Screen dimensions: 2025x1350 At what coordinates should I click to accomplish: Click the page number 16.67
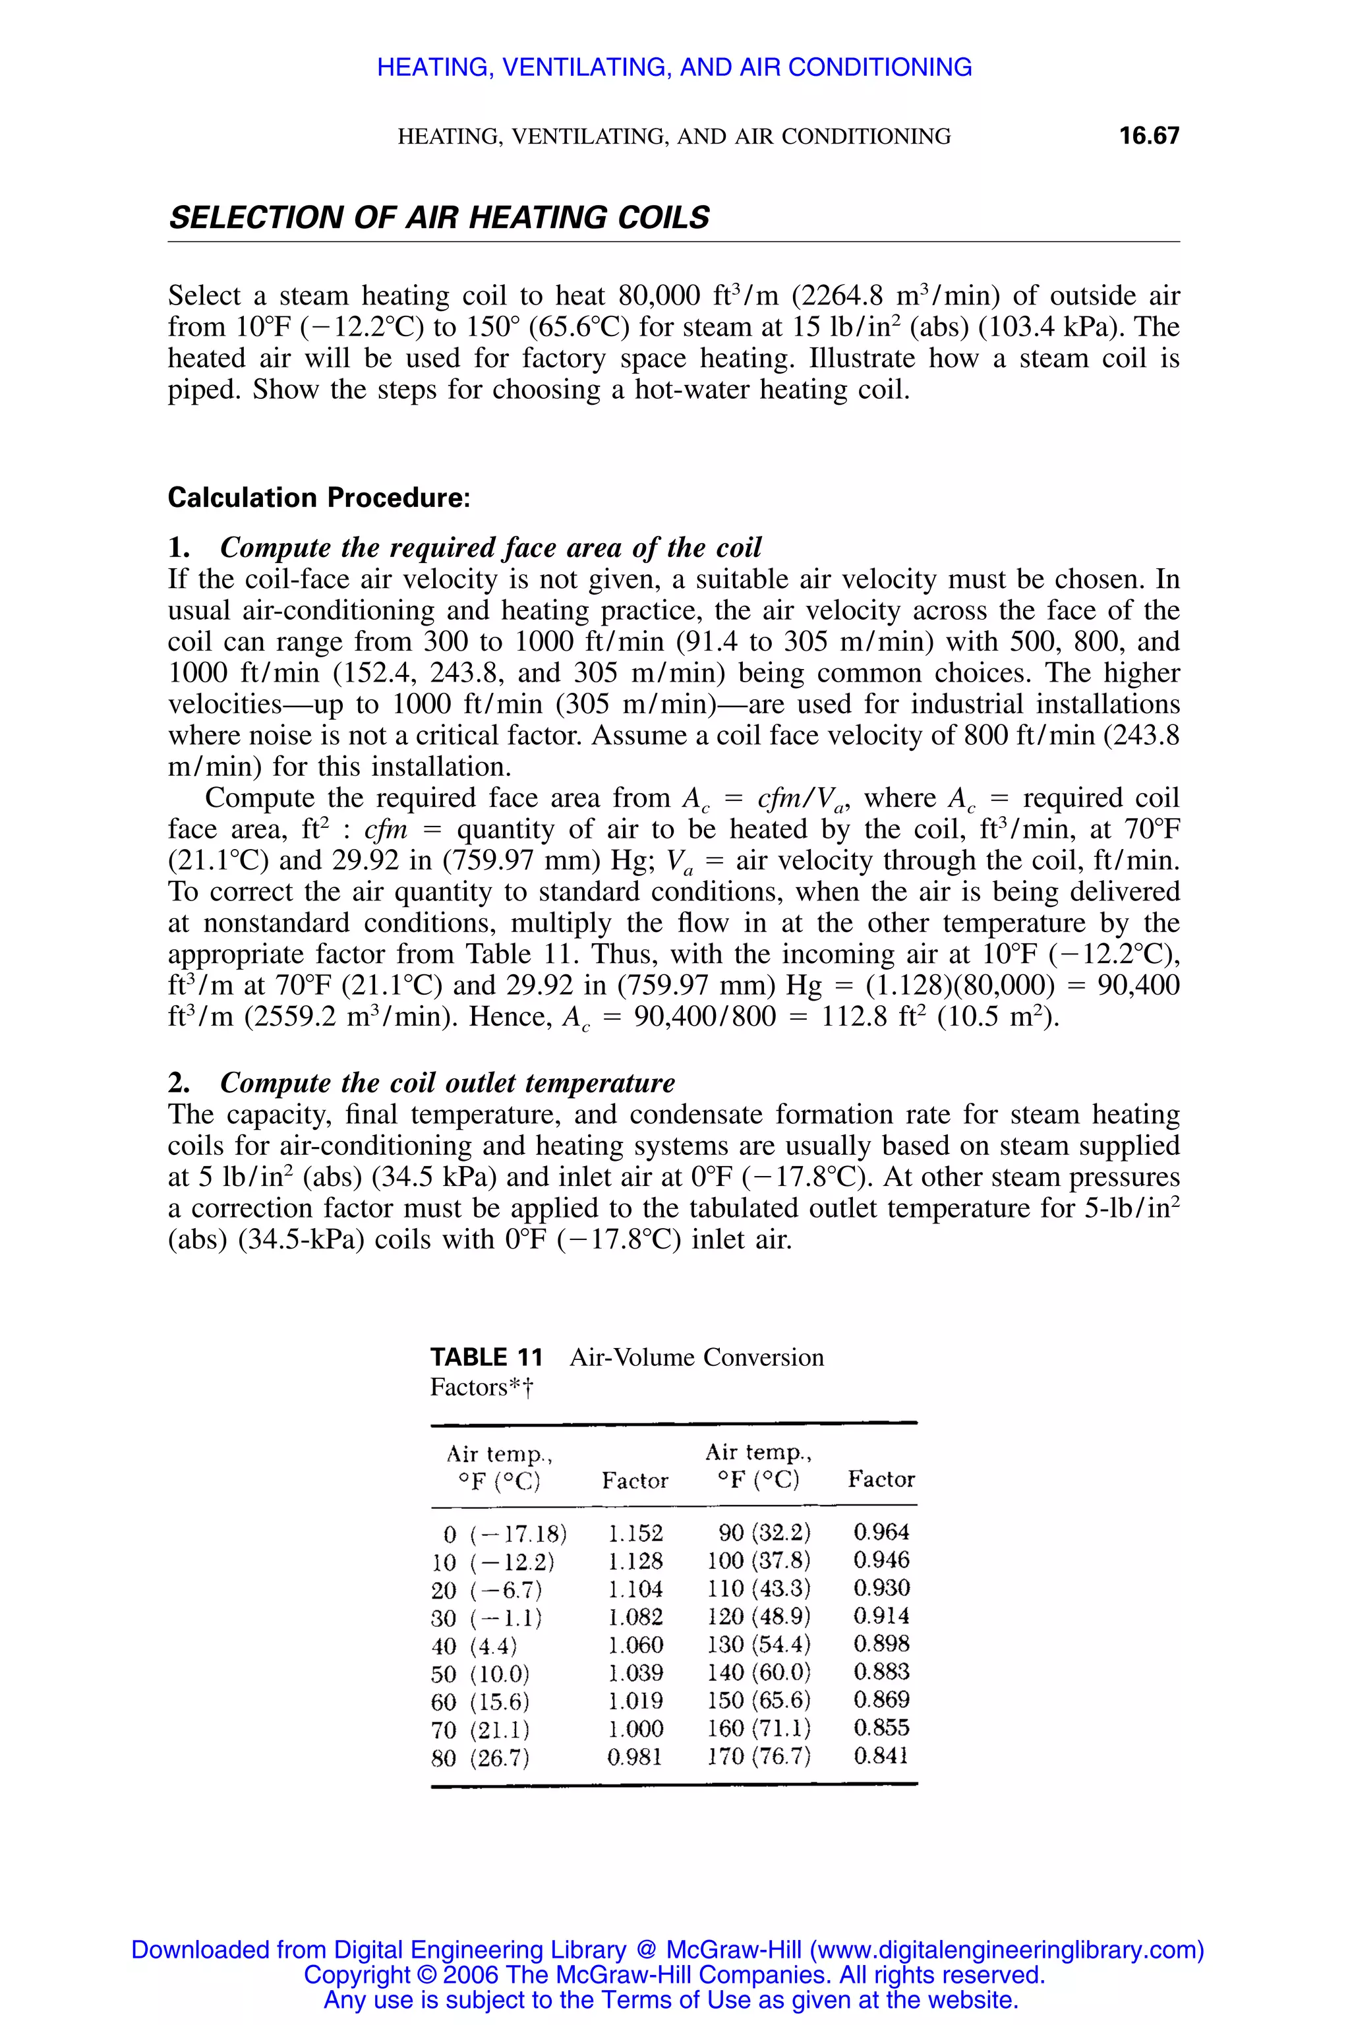1148,136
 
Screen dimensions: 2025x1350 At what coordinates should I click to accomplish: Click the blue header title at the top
674,67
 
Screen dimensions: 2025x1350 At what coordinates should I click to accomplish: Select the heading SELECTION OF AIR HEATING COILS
439,218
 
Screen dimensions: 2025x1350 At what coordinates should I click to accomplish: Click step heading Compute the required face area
490,548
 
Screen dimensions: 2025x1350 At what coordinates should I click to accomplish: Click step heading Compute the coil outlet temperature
447,1082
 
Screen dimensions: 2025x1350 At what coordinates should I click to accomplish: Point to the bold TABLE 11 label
486,1358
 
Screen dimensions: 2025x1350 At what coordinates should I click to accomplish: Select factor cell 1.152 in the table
635,1533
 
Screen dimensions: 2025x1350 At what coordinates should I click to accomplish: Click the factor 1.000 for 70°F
635,1729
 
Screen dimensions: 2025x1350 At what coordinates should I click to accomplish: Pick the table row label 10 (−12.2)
493,1562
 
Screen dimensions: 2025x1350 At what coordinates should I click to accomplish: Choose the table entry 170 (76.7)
759,1755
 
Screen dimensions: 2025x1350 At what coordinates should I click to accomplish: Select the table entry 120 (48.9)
759,1616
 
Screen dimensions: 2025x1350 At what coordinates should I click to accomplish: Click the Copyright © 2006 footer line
674,1974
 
